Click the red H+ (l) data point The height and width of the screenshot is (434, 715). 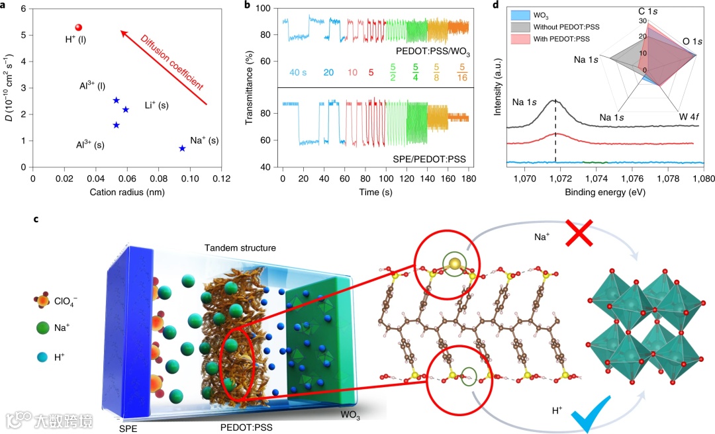pyautogui.click(x=78, y=27)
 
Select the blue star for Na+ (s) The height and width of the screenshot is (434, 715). pyautogui.click(x=182, y=148)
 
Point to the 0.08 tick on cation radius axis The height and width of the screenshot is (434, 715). pyautogui.click(x=158, y=178)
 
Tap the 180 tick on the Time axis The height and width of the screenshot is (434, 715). pyautogui.click(x=468, y=178)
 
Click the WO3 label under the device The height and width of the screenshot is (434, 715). pyautogui.click(x=352, y=415)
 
